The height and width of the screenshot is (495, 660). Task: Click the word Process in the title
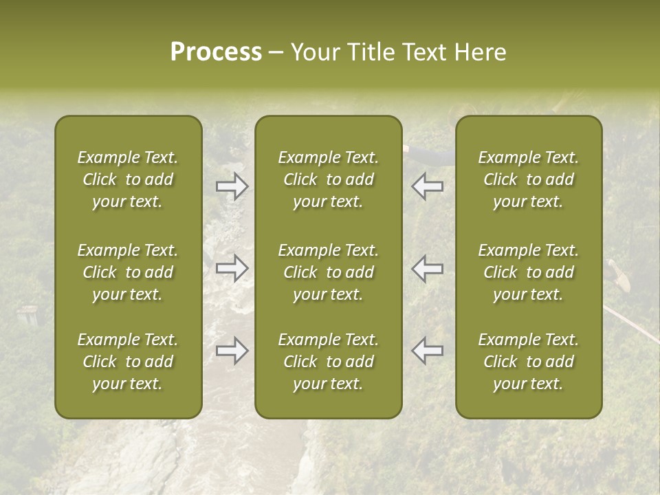[216, 52]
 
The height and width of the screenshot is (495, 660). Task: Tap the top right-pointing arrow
[232, 186]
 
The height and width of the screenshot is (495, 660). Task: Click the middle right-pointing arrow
[232, 268]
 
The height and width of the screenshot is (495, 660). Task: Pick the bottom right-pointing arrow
[232, 351]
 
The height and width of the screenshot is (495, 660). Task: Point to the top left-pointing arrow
[428, 186]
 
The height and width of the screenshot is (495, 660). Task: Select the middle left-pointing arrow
[428, 268]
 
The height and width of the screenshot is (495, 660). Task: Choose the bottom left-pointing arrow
[428, 351]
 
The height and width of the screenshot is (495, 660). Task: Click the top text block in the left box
[128, 179]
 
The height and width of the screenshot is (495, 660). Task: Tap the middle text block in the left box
[128, 272]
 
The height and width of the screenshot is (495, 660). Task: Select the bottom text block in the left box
[128, 362]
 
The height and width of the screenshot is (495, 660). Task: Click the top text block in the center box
[329, 179]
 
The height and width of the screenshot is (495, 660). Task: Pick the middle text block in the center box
[329, 272]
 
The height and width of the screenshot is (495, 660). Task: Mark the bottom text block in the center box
[329, 362]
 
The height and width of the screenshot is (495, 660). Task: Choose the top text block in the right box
[529, 179]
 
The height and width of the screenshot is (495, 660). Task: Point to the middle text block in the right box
[529, 272]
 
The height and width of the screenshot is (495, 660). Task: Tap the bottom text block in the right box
[529, 362]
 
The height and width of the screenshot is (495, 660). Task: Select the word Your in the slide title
[313, 52]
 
